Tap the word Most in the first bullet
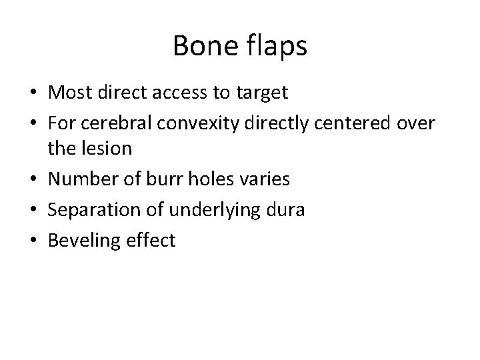tap(71, 93)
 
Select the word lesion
tap(108, 148)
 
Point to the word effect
tap(153, 239)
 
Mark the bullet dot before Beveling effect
tap(37, 240)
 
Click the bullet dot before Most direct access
tap(37, 93)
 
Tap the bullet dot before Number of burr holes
tap(37, 179)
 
